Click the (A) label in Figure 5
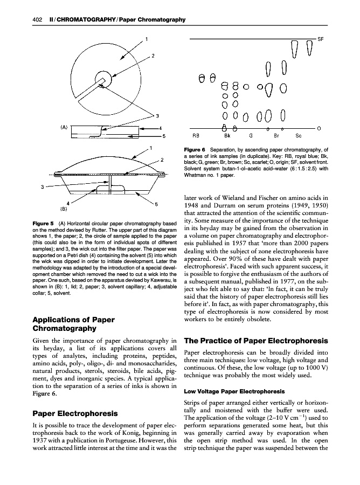(64, 127)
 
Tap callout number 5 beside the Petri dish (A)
(164, 136)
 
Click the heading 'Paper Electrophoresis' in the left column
(75, 413)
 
